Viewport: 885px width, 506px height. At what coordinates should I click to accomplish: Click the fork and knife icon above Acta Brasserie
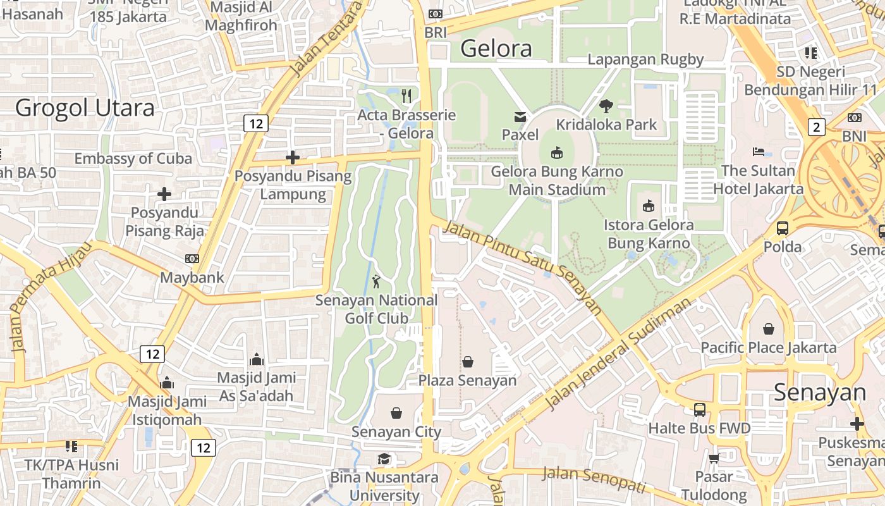[406, 96]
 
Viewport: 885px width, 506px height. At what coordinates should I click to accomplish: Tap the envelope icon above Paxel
[520, 117]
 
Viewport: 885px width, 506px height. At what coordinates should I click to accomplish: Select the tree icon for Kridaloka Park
[606, 106]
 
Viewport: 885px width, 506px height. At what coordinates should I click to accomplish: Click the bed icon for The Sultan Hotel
[759, 152]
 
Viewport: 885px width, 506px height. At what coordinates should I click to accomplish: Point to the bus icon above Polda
[783, 228]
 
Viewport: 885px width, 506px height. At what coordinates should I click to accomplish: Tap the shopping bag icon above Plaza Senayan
[468, 362]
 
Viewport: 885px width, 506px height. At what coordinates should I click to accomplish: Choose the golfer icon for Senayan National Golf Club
[377, 281]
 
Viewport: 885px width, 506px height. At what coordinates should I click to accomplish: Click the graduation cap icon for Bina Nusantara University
[384, 459]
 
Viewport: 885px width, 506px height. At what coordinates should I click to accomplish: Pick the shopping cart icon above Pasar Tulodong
[714, 458]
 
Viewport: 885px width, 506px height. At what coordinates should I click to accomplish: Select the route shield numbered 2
[817, 128]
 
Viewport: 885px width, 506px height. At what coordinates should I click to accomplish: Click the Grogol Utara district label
[85, 108]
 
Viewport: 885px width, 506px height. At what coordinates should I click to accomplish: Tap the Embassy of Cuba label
[133, 158]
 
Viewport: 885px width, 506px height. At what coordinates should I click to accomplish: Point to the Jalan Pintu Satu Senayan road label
[522, 266]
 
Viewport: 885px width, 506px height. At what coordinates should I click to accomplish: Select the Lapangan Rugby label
[645, 59]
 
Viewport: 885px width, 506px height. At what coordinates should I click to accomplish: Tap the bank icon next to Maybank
[192, 259]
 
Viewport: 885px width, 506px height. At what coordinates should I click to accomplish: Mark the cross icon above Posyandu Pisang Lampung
[293, 157]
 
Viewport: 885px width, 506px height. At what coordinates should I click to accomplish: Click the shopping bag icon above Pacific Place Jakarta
[769, 329]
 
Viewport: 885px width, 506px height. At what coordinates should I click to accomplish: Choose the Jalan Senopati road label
[594, 479]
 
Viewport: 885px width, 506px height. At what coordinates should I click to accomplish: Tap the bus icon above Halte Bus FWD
[700, 409]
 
